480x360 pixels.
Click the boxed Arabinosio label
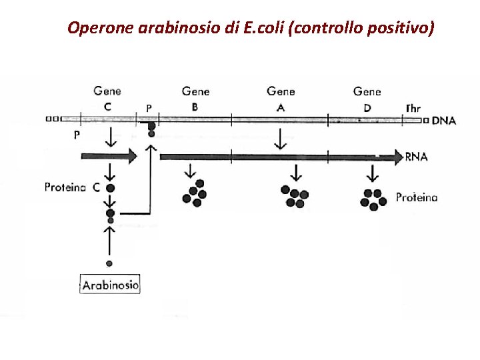click(x=110, y=285)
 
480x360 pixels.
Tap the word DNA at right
click(x=444, y=121)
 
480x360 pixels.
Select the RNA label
click(x=416, y=158)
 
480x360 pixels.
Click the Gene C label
click(x=107, y=98)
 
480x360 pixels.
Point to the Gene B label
click(x=195, y=98)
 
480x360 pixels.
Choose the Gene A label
click(x=281, y=98)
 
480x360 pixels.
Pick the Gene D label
click(x=367, y=98)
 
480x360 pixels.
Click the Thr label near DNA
click(x=413, y=108)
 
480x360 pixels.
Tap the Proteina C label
click(x=72, y=187)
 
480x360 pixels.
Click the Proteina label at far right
click(x=417, y=197)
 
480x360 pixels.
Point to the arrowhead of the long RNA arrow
click(x=398, y=157)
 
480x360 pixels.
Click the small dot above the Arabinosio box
click(x=109, y=263)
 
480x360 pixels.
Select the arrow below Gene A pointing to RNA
click(x=280, y=139)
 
